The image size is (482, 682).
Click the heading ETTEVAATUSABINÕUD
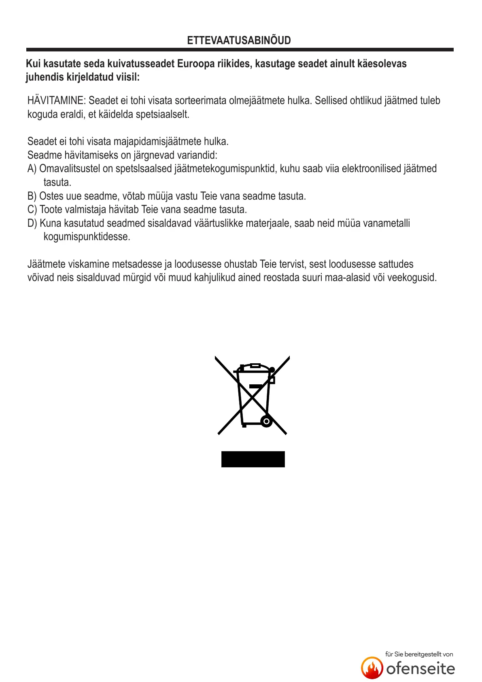pos(239,40)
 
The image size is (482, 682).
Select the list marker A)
pos(32,168)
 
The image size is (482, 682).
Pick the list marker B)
pos(32,196)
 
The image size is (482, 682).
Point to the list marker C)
pos(32,209)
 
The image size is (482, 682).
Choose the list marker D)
pos(32,223)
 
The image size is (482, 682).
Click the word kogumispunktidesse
pos(87,237)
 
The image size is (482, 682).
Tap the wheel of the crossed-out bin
pos(266,422)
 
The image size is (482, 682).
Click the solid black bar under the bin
pos(253,459)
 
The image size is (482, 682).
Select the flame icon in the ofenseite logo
pos(372,668)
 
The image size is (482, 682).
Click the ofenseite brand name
pos(420,669)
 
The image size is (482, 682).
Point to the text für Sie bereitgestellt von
pos(419,654)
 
